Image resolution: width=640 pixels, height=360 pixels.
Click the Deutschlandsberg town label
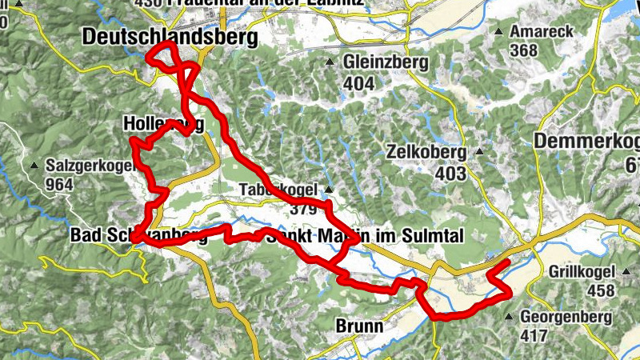pos(170,38)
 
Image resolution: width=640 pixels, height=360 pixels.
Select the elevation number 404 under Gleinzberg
pos(358,82)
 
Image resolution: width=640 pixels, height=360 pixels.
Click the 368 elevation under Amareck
pos(522,51)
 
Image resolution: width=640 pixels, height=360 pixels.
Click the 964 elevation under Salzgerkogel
pos(59,185)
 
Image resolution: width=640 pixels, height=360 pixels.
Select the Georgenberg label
pos(566,317)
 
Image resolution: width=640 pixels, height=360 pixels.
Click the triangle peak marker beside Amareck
pos(499,33)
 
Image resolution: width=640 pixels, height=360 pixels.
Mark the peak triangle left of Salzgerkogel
pos(35,166)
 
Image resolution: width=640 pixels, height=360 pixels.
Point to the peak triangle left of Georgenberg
pos(510,317)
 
